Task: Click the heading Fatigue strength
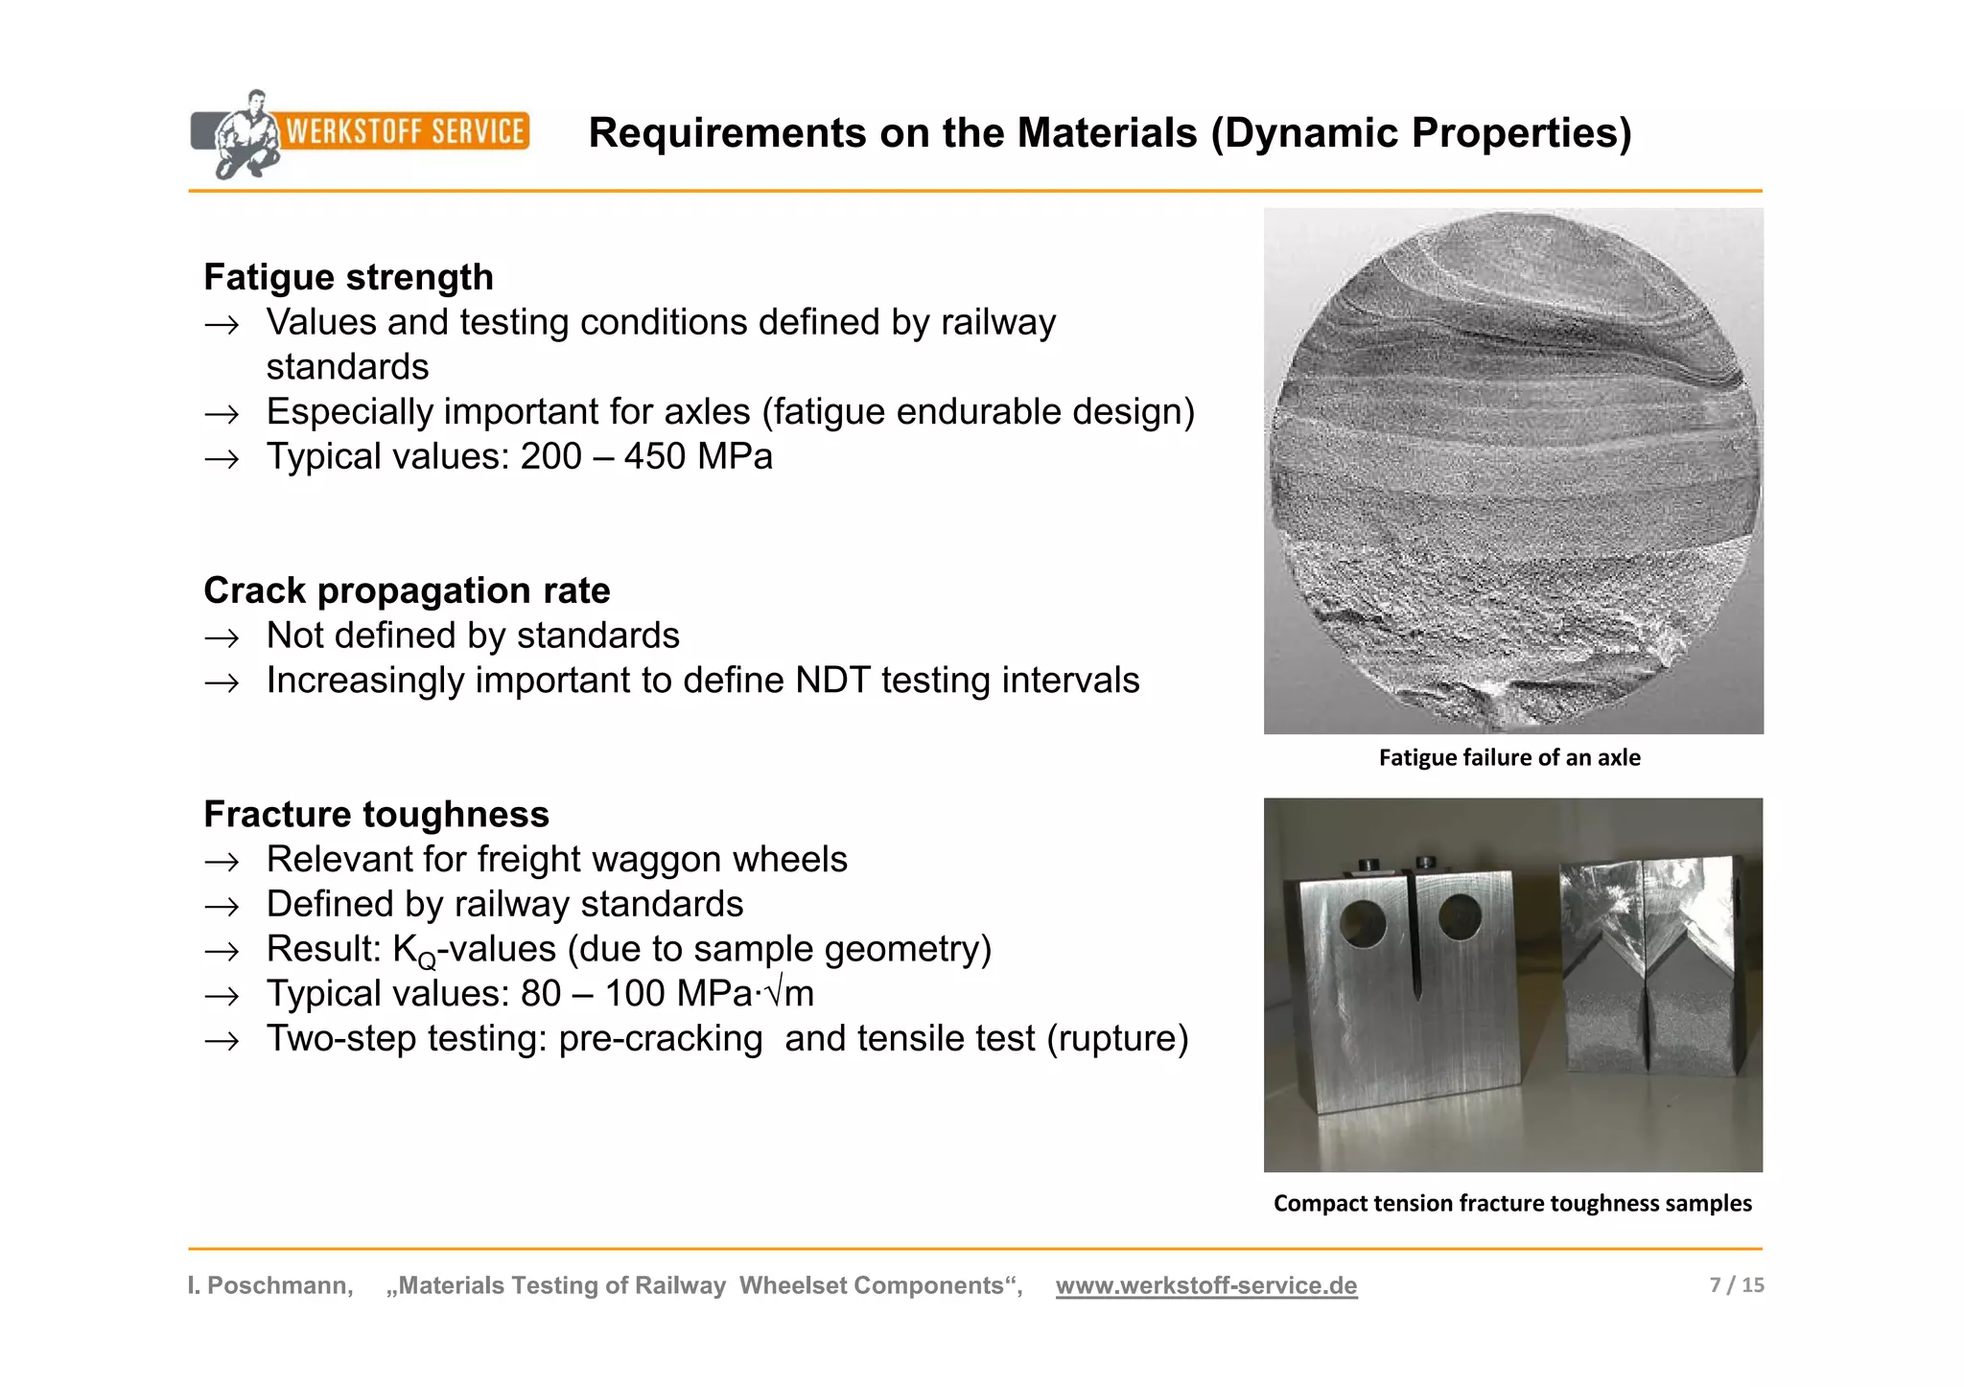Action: pyautogui.click(x=348, y=277)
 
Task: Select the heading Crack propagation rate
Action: pyautogui.click(x=407, y=590)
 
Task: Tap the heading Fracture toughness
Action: pyautogui.click(x=376, y=815)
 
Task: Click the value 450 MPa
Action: pyautogui.click(x=698, y=456)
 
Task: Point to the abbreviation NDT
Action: pyautogui.click(x=831, y=681)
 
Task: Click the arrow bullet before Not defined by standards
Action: pyautogui.click(x=222, y=637)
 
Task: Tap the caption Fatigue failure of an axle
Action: pyautogui.click(x=1509, y=758)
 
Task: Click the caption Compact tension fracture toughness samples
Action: pyautogui.click(x=1512, y=1204)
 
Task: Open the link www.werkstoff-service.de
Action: pyautogui.click(x=1206, y=1286)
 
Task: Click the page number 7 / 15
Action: pyautogui.click(x=1736, y=1285)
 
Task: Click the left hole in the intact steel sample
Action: pyautogui.click(x=1363, y=923)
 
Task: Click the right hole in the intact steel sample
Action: pyautogui.click(x=1461, y=917)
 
